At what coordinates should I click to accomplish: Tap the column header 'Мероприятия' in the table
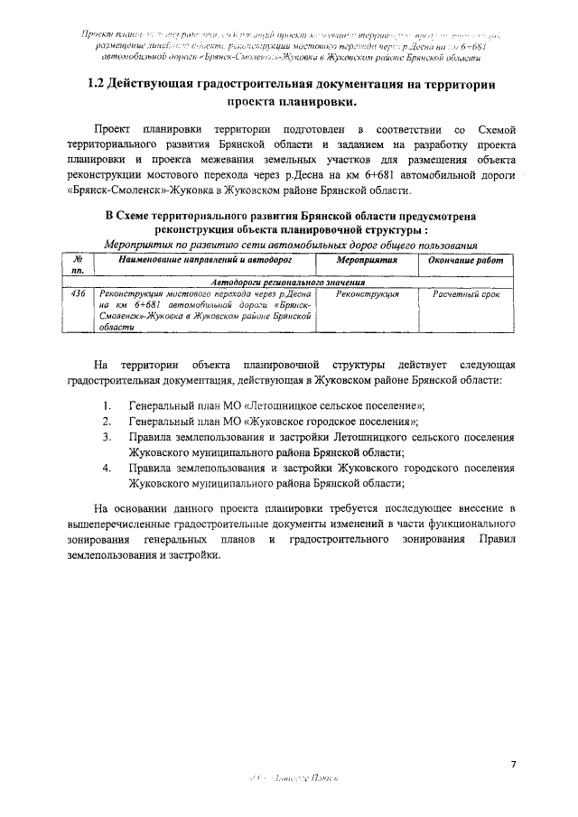coord(367,259)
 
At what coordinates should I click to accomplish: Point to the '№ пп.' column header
coord(79,265)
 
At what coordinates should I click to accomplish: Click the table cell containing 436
coord(79,294)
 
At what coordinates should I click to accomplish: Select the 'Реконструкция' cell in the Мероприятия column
coord(367,294)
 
